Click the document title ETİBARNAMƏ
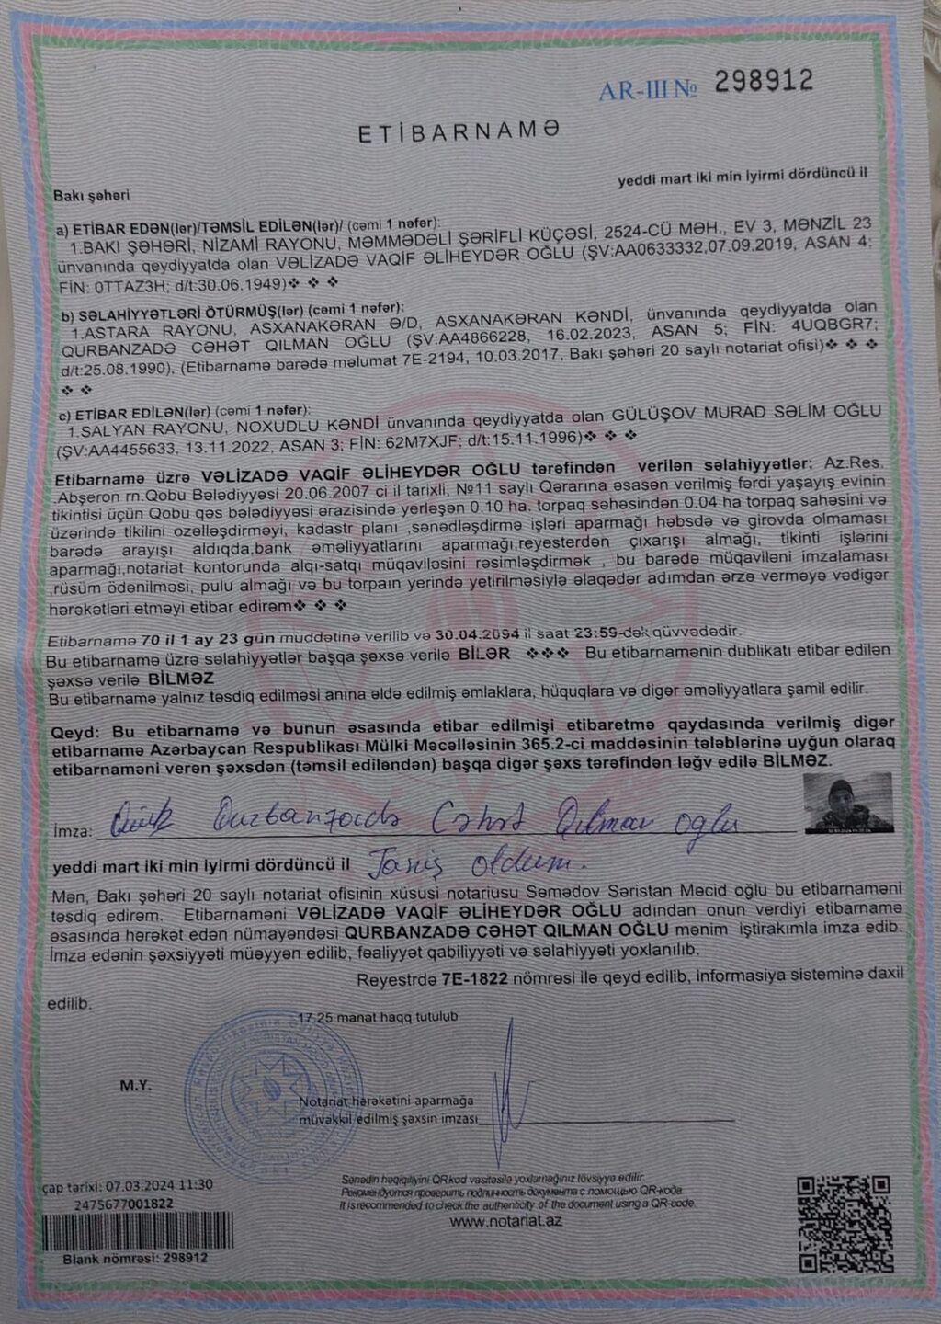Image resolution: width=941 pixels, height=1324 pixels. click(x=458, y=132)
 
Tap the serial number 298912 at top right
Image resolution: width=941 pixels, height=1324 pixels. click(x=764, y=82)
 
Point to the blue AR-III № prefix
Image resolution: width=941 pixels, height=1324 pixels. click(x=648, y=90)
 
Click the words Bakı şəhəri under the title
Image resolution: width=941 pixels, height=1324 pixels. click(x=91, y=195)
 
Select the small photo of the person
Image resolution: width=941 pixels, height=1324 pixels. click(x=847, y=803)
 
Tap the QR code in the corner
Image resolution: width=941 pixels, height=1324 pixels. click(x=844, y=1223)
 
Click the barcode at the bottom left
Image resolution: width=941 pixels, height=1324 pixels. click(x=138, y=1231)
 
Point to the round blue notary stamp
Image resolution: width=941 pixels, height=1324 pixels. click(x=273, y=1095)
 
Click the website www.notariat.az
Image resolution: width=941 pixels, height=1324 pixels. click(x=505, y=1221)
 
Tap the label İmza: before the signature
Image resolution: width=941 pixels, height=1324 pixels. click(x=73, y=831)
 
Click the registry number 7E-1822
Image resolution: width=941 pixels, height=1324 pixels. click(x=474, y=979)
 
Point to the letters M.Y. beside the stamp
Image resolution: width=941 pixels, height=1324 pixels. click(x=135, y=1086)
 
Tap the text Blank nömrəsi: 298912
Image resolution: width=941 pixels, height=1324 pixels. click(x=135, y=1258)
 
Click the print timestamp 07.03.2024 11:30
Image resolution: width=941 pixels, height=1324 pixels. click(x=159, y=1185)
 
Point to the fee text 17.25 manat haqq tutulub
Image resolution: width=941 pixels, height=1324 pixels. click(x=377, y=1017)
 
